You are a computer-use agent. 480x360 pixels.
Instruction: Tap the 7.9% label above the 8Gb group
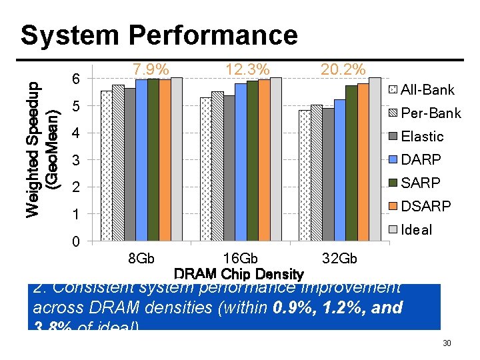click(150, 69)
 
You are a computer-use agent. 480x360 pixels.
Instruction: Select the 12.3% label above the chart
click(247, 69)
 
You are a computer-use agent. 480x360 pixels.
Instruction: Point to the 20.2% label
click(343, 69)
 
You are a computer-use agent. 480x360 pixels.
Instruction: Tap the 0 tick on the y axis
click(75, 241)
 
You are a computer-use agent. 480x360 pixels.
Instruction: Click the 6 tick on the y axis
click(75, 80)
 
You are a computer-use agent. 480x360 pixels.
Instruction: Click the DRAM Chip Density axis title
click(239, 274)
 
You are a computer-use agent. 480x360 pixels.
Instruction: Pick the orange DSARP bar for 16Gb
click(264, 160)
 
